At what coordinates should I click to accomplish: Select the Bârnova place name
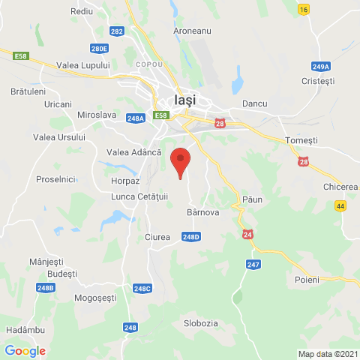coord(202,213)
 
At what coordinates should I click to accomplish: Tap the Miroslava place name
coord(96,115)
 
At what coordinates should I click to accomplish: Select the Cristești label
coord(316,81)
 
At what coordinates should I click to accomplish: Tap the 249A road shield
coord(320,67)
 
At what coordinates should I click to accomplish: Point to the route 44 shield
coord(340,205)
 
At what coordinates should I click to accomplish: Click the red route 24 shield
coord(247,235)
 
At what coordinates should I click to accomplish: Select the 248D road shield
coord(191,237)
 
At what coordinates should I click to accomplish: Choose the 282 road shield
coord(116,31)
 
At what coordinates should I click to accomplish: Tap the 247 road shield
coord(253,264)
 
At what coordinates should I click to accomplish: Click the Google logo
coord(25,350)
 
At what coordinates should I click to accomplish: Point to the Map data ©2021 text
coord(327,354)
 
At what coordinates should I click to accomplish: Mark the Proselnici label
coord(56,179)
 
